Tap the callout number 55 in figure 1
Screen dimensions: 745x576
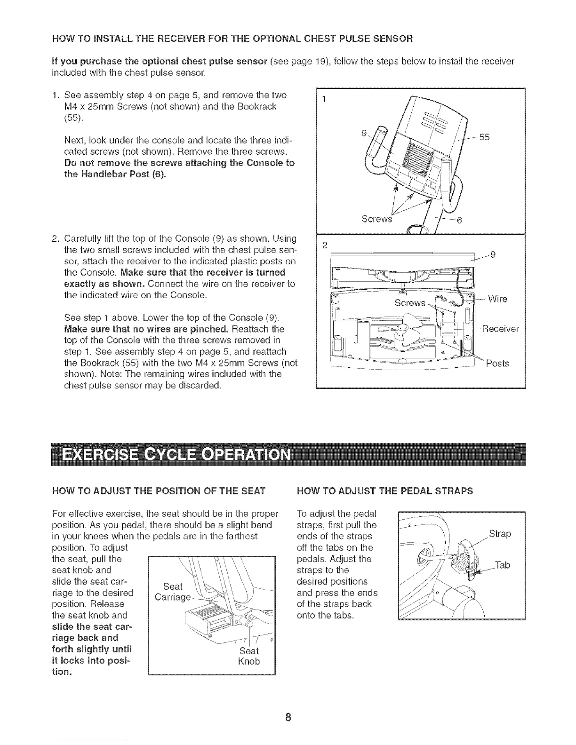[485, 137]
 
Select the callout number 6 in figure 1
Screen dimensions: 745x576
[460, 222]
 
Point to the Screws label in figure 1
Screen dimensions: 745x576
[376, 219]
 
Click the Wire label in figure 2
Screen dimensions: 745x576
[497, 299]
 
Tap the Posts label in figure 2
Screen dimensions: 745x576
[497, 364]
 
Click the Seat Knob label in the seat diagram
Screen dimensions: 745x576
[249, 656]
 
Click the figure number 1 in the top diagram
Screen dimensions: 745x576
[324, 99]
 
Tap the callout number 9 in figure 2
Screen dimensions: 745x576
[492, 255]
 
